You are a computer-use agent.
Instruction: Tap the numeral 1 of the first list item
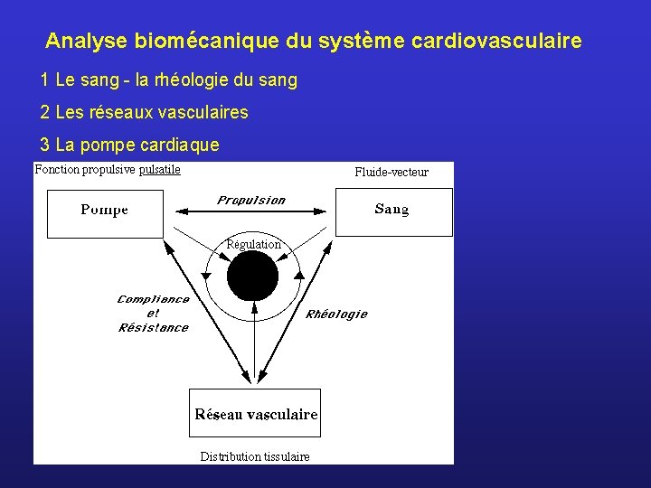click(x=44, y=80)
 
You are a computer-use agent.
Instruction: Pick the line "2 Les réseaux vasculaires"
click(x=144, y=113)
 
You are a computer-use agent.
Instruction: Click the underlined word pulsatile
click(x=160, y=169)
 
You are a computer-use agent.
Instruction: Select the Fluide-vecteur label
click(x=392, y=172)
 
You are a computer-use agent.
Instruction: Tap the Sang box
click(x=393, y=211)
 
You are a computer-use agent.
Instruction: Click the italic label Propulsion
click(x=251, y=201)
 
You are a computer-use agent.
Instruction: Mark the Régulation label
click(x=253, y=244)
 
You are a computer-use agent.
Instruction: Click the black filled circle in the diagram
click(x=253, y=276)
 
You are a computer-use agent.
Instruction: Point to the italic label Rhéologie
click(x=336, y=314)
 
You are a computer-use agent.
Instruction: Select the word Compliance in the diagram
click(x=154, y=299)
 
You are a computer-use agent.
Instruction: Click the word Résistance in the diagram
click(x=154, y=327)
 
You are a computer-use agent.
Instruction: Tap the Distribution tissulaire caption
click(x=255, y=456)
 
